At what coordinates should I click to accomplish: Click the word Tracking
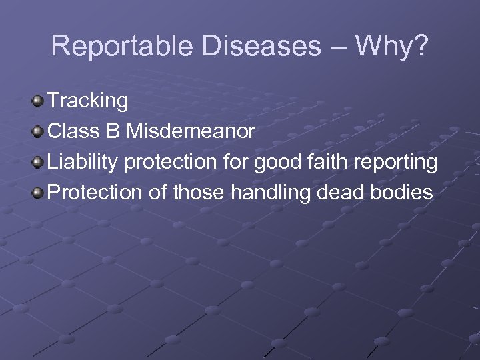click(x=88, y=101)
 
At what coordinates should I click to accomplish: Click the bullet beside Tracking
click(x=38, y=101)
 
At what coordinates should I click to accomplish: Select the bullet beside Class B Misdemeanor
click(x=38, y=132)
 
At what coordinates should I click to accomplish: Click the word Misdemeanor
click(x=191, y=131)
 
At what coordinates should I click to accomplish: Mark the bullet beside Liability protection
click(x=38, y=163)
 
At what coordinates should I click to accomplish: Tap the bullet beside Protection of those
click(x=38, y=193)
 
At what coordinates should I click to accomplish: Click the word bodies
click(x=403, y=193)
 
